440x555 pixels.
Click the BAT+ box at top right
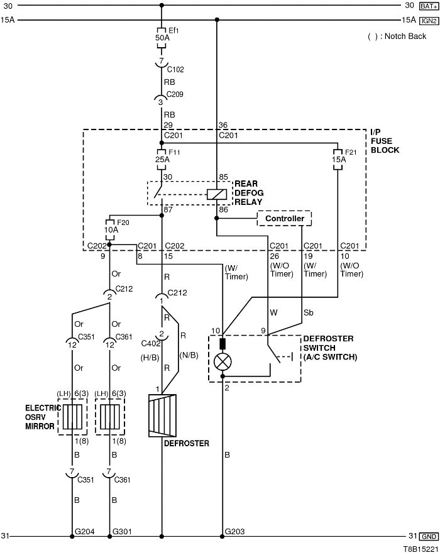tap(427, 6)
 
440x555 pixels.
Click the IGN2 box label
tap(427, 20)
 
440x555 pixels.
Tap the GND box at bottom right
tap(429, 536)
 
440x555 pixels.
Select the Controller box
tap(285, 219)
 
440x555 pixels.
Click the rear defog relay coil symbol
tap(216, 194)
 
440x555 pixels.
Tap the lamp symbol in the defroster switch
tap(223, 361)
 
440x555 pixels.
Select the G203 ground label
tap(234, 532)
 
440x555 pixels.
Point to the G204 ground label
tap(84, 532)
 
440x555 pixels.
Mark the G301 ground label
tap(122, 532)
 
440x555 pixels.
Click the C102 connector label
tap(175, 69)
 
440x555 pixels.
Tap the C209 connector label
tap(175, 94)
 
